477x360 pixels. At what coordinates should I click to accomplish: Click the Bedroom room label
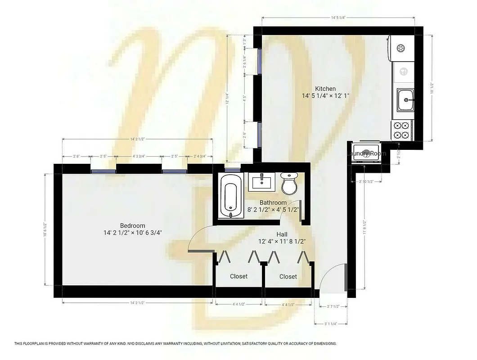132,225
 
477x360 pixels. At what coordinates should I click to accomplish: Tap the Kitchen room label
325,89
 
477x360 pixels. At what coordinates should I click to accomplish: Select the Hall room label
282,234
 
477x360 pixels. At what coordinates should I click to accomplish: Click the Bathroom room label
273,203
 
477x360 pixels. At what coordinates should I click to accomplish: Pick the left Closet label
238,276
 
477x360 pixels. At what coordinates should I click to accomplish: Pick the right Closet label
288,276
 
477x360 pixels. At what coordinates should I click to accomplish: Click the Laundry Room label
367,153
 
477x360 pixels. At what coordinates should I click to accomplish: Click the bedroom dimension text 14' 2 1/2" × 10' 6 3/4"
132,233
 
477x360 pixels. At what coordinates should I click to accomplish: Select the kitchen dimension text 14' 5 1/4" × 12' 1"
325,96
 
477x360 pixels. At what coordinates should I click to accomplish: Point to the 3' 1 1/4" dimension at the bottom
331,324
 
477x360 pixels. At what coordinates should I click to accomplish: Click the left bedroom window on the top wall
103,171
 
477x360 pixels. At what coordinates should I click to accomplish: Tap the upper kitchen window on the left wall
259,60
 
